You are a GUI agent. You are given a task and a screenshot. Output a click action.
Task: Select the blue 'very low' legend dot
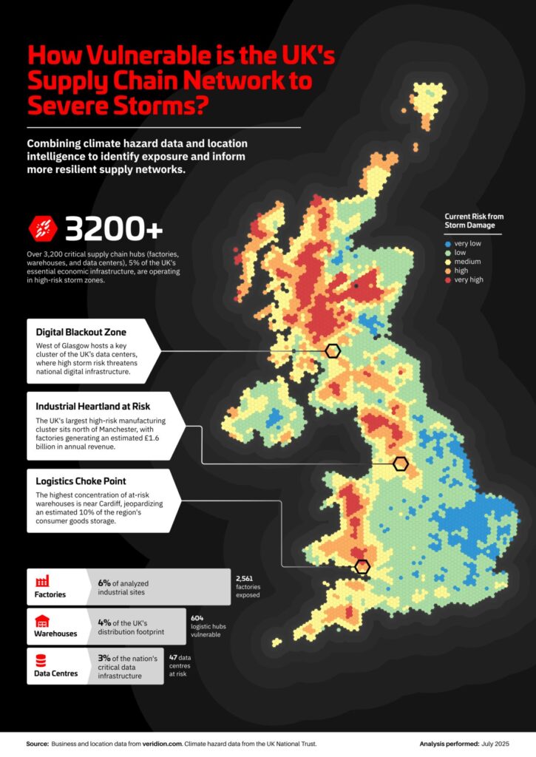448,244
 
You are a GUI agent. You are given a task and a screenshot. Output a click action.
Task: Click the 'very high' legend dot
448,280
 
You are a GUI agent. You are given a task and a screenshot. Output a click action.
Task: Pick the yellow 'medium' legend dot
448,262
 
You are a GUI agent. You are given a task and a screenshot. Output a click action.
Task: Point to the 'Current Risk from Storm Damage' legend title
474,220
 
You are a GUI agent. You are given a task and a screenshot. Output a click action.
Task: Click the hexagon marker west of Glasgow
333,351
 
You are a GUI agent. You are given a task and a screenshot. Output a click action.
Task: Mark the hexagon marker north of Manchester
401,464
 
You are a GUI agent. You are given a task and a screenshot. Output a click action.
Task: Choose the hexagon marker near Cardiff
362,567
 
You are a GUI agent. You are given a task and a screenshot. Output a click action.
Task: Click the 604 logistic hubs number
197,617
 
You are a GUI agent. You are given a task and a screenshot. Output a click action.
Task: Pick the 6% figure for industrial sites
104,582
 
